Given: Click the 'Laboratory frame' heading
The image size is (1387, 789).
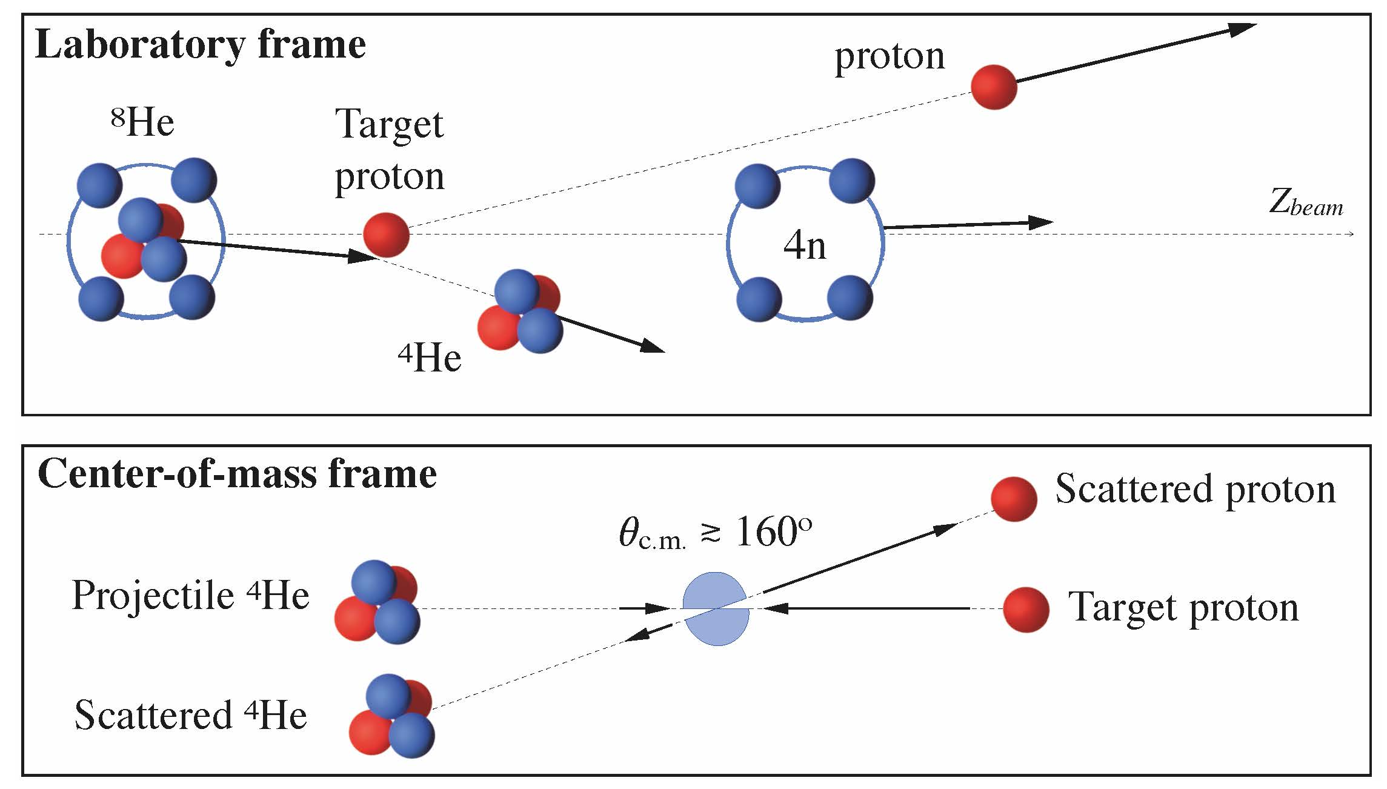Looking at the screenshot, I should pos(201,45).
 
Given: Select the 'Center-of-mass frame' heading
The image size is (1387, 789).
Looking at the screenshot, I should pos(237,474).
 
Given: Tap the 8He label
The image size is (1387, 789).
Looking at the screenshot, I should pos(143,123).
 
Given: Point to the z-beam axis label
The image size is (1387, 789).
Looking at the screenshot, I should pos(1306,204).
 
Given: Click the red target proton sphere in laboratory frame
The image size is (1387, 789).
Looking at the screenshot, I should pos(387,235).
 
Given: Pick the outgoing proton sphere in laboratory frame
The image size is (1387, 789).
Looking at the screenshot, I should pos(994,87).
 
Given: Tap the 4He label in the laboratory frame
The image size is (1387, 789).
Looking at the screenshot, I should pos(430,358).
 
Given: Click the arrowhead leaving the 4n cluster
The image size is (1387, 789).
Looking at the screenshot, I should pos(1040,222).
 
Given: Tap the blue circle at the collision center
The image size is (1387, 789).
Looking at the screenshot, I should pos(716,608).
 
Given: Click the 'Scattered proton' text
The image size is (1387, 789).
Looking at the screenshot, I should pos(1195,488).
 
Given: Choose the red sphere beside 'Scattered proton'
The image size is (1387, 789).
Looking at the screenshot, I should pos(1014,499).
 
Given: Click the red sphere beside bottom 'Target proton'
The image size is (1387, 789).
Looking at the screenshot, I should pos(1025,609).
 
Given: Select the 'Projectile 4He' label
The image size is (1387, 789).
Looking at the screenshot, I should pos(190,595).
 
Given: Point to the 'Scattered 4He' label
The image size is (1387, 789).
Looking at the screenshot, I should pos(190,715).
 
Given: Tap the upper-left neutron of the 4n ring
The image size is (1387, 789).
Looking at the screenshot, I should pos(757,186).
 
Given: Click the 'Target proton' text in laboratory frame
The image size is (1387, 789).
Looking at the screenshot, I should pos(390,150).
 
